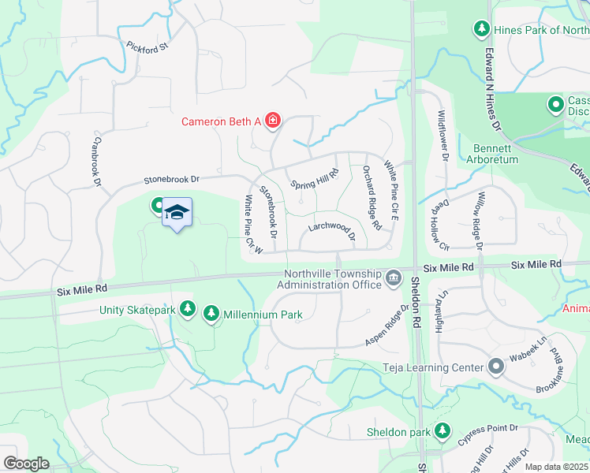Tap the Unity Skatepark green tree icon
pos(188,309)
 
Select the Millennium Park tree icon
pos(211,315)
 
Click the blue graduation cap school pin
pos(177,211)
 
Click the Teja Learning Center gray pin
pos(495,367)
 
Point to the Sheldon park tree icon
pos(442,431)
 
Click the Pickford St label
pos(147,47)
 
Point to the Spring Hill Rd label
pos(314,179)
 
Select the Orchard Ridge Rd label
pos(372,197)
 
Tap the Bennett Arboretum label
pos(495,154)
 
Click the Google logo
pos(25,464)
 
